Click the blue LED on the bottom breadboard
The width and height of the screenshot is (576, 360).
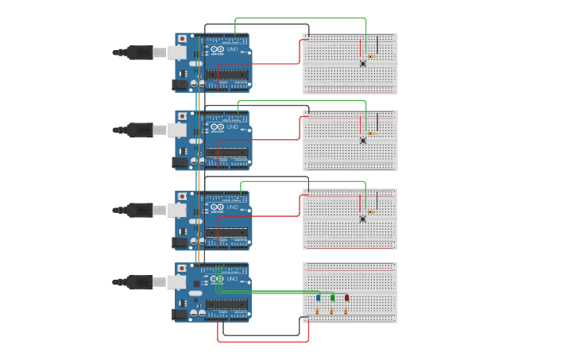pyautogui.click(x=319, y=298)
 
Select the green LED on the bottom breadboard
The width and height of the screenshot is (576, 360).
pyautogui.click(x=333, y=298)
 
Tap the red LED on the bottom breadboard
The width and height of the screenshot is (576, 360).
pyautogui.click(x=346, y=298)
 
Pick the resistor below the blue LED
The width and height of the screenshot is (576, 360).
pyautogui.click(x=317, y=312)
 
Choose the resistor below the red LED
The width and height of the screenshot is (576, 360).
pyautogui.click(x=346, y=312)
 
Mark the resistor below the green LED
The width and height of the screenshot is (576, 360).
pyautogui.click(x=331, y=312)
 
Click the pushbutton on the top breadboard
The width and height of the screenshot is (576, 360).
pyautogui.click(x=363, y=64)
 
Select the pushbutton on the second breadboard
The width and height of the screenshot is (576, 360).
pyautogui.click(x=363, y=141)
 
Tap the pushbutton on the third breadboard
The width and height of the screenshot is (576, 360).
pyautogui.click(x=363, y=219)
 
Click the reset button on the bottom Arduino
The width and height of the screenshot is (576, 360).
pyautogui.click(x=182, y=269)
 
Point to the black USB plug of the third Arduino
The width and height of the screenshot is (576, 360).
pyautogui.click(x=140, y=210)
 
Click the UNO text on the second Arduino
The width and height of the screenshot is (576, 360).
pyautogui.click(x=232, y=126)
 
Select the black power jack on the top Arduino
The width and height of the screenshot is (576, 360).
pyautogui.click(x=180, y=84)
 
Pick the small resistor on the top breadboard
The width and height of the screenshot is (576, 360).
pyautogui.click(x=371, y=56)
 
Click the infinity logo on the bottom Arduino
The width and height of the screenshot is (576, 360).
pyautogui.click(x=217, y=279)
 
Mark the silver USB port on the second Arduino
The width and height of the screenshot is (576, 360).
pyautogui.click(x=177, y=130)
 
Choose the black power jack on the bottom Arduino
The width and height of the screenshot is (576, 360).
pyautogui.click(x=180, y=314)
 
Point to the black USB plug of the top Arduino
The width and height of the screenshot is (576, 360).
pyautogui.click(x=140, y=52)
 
